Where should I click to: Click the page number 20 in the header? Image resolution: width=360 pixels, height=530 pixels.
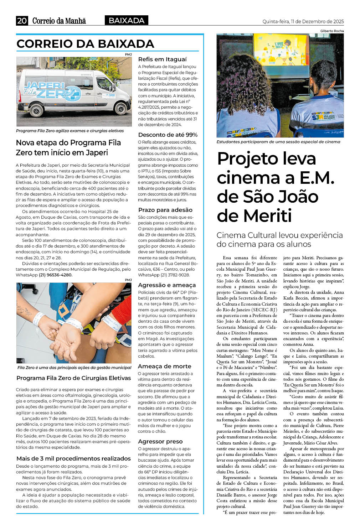[x=22, y=21]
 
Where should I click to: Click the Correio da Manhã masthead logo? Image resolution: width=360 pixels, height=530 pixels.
[x=59, y=21]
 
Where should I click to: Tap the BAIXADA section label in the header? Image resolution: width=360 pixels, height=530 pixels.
[x=127, y=21]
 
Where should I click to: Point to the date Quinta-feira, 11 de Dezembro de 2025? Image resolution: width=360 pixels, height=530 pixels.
[x=303, y=21]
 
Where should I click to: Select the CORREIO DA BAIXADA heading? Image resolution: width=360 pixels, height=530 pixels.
[x=85, y=44]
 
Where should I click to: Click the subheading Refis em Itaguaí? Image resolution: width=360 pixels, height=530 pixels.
[x=162, y=59]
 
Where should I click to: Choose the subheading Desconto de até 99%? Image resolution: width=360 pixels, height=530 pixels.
[x=168, y=135]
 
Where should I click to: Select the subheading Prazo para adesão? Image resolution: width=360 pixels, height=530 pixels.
[x=165, y=210]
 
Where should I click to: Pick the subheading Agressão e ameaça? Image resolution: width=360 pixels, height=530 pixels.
[x=167, y=285]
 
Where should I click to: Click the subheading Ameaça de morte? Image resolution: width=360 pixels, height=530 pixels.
[x=164, y=366]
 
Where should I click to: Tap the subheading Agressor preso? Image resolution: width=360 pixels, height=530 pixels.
[x=160, y=441]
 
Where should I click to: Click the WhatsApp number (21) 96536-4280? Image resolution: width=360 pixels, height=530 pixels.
[x=55, y=275]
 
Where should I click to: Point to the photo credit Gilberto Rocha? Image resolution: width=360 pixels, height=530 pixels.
[x=332, y=31]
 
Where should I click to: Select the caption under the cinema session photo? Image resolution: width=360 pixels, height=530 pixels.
[x=278, y=142]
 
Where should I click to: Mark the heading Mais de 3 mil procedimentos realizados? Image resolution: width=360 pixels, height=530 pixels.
[x=73, y=458]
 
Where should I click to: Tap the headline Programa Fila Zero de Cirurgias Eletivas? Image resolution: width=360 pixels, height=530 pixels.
[x=73, y=378]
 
